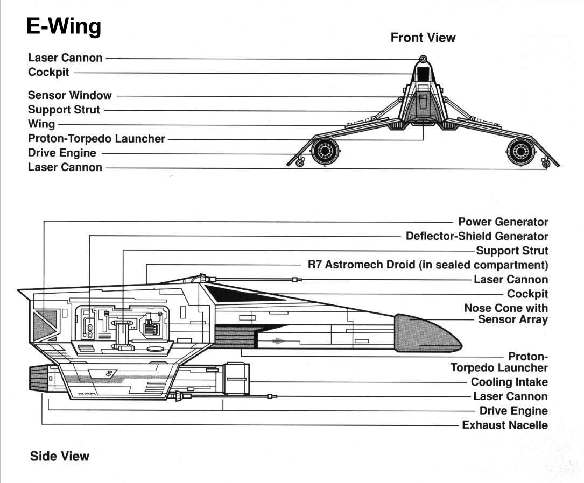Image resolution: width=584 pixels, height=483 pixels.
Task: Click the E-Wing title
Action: tap(64, 26)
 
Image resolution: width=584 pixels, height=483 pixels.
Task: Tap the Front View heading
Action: tap(423, 38)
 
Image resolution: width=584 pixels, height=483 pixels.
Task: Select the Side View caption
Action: tap(59, 457)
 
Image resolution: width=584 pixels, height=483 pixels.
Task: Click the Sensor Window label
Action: tap(70, 95)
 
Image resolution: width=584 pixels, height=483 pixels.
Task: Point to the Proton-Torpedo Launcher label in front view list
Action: tap(96, 138)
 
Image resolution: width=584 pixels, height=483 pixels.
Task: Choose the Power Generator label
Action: tap(503, 222)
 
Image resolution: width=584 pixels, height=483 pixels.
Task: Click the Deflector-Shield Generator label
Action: tap(477, 236)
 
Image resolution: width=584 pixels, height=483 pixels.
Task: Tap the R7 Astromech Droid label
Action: tap(427, 265)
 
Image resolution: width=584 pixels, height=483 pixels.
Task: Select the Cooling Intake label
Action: tap(509, 382)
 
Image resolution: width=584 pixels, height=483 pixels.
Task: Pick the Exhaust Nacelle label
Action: tap(505, 425)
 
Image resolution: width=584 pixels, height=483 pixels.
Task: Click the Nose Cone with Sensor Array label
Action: tap(506, 314)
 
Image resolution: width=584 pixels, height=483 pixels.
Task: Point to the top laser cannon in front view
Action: tap(423, 59)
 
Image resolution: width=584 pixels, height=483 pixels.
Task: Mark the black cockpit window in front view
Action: tap(423, 73)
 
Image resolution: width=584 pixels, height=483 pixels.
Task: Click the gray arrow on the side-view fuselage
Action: tap(278, 340)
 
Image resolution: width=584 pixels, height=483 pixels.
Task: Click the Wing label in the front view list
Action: tap(41, 124)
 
